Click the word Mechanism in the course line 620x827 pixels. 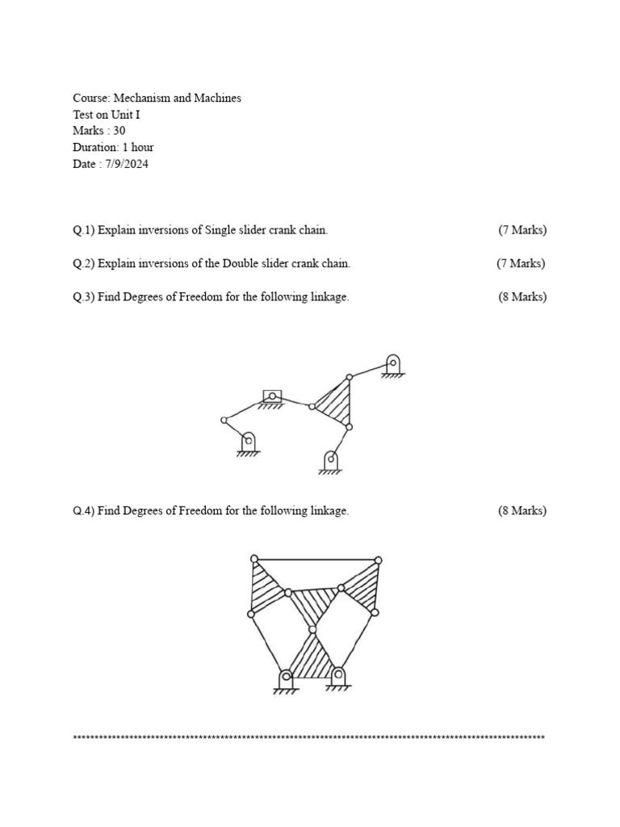tap(140, 98)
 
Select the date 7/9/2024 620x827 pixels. tap(126, 164)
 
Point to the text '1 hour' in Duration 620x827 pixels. tap(137, 147)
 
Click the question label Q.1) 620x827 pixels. tap(83, 230)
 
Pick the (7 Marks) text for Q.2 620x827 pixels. tap(521, 263)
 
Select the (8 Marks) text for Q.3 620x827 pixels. tap(522, 296)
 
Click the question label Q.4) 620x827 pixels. tap(83, 510)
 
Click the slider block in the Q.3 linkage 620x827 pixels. tap(273, 396)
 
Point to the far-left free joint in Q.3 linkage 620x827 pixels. tap(224, 420)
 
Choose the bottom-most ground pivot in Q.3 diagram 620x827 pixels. tap(330, 460)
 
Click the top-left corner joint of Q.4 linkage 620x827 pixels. tap(254, 559)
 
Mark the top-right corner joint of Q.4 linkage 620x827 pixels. tap(378, 560)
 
